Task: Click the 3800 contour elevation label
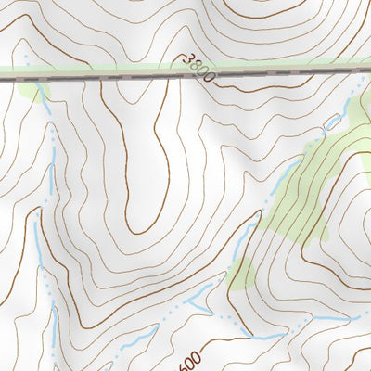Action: pyautogui.click(x=198, y=67)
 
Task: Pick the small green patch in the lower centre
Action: pyautogui.click(x=242, y=274)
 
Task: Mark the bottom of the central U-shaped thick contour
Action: pyautogui.click(x=139, y=229)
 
